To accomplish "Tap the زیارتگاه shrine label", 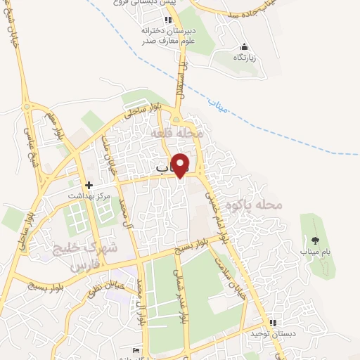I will (243, 57).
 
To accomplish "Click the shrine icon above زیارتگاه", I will (243, 46).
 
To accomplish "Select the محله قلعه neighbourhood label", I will (179, 133).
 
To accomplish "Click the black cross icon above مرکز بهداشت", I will (90, 184).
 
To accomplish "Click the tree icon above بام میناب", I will (316, 240).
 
